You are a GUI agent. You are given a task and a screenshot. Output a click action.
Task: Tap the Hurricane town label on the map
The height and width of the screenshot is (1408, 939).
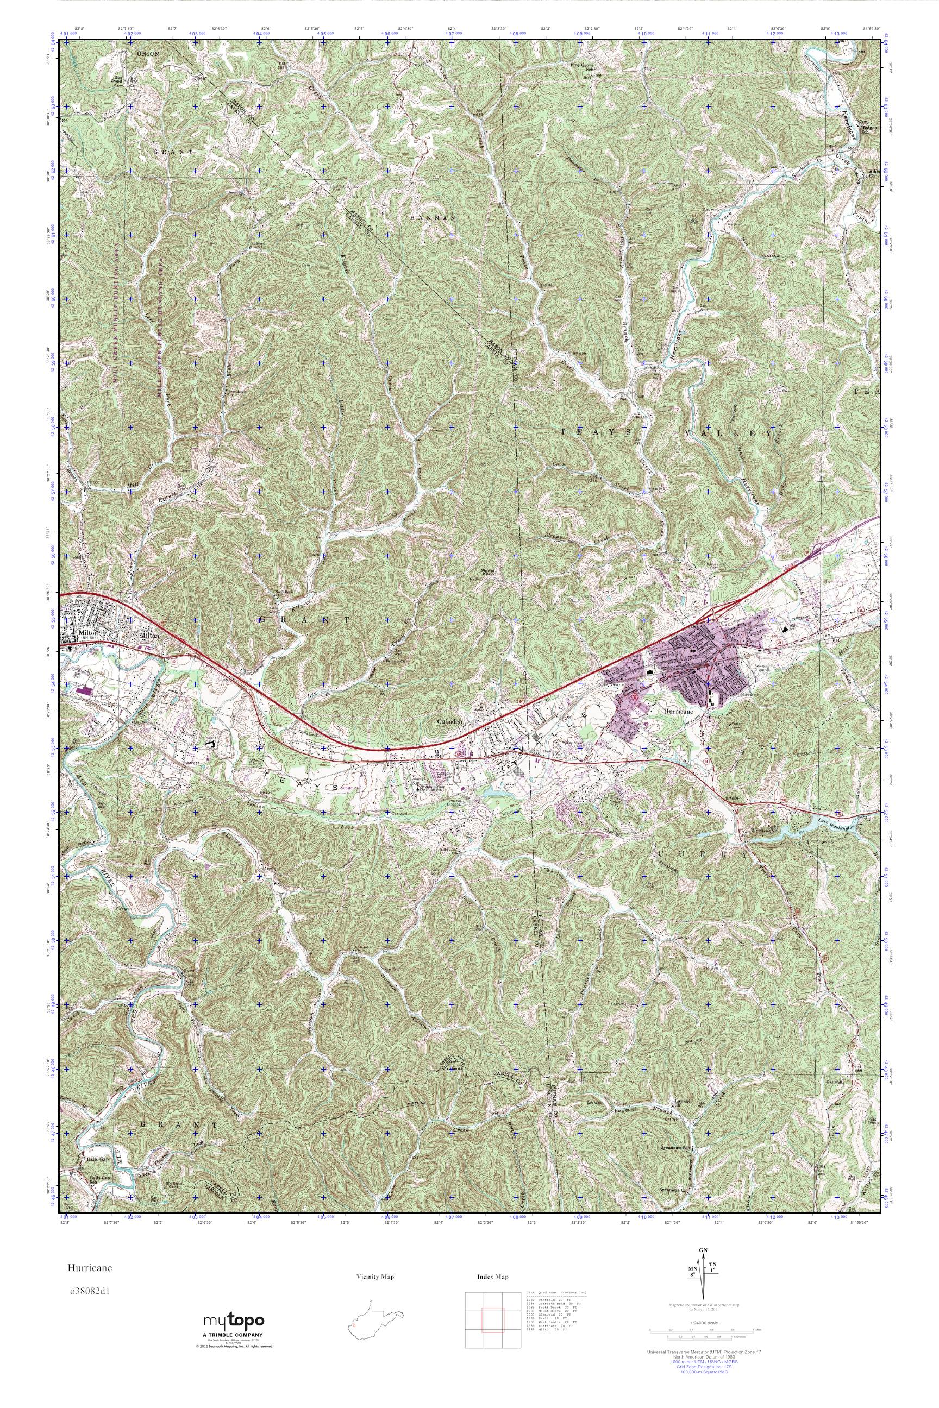pyautogui.click(x=679, y=711)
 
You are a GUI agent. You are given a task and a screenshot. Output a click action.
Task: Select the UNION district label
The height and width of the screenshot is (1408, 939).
pyautogui.click(x=147, y=54)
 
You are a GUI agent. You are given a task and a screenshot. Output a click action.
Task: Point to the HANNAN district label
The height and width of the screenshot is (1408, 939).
pyautogui.click(x=434, y=218)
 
